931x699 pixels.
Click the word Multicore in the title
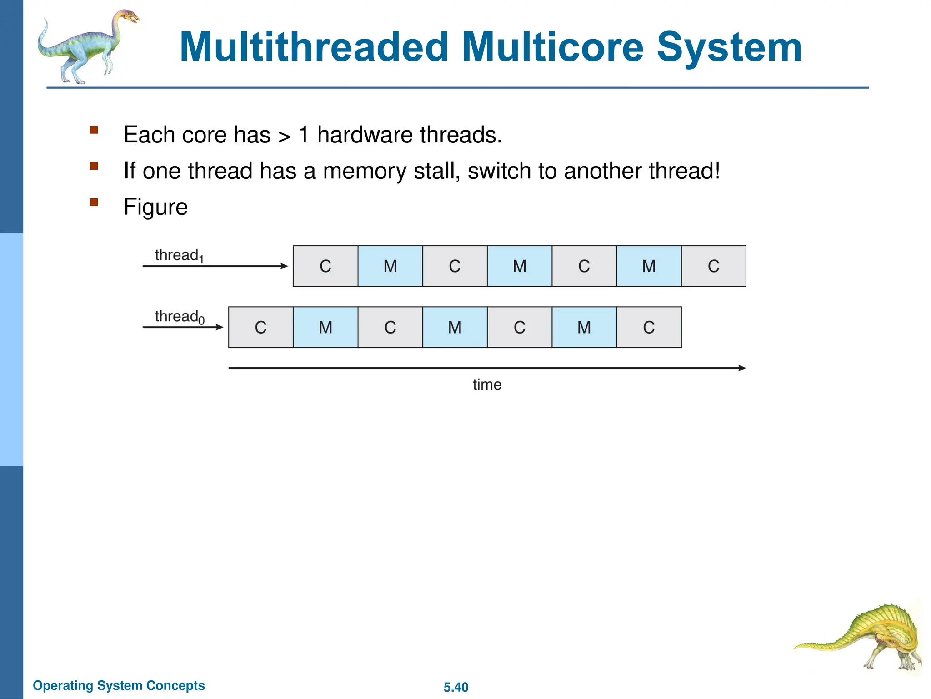(x=553, y=47)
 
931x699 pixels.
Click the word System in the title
(x=729, y=47)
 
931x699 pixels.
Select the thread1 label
(x=179, y=256)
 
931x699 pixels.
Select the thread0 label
(x=180, y=317)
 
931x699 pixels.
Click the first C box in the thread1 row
(x=325, y=266)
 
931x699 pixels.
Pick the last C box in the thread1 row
(x=713, y=266)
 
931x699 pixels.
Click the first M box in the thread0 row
(x=325, y=327)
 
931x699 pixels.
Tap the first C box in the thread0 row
(x=260, y=327)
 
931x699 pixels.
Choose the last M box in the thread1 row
(x=649, y=266)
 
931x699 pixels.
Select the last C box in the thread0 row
(x=649, y=327)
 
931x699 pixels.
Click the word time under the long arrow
(x=487, y=385)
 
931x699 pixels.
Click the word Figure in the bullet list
(x=155, y=207)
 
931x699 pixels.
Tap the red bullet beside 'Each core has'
(x=94, y=130)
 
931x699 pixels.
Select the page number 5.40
(x=455, y=687)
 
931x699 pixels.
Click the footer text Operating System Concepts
(x=119, y=685)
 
